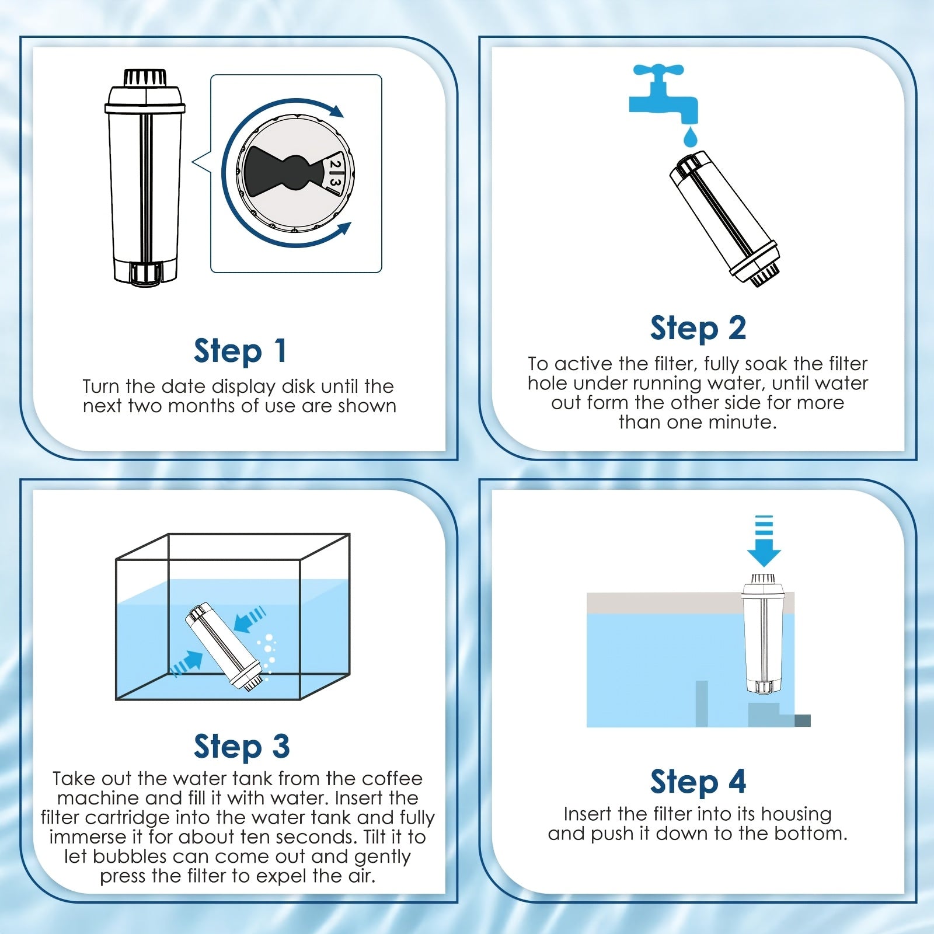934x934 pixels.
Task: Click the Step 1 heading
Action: [240, 350]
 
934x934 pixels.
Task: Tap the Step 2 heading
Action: [698, 327]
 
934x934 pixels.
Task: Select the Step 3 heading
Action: [242, 747]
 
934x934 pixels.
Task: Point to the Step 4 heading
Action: [698, 782]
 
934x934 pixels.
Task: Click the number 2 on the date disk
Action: [334, 165]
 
